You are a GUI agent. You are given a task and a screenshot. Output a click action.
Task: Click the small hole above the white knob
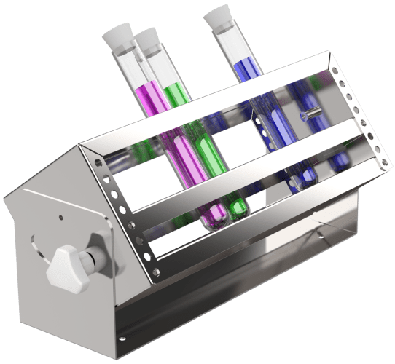coord(60,217)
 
